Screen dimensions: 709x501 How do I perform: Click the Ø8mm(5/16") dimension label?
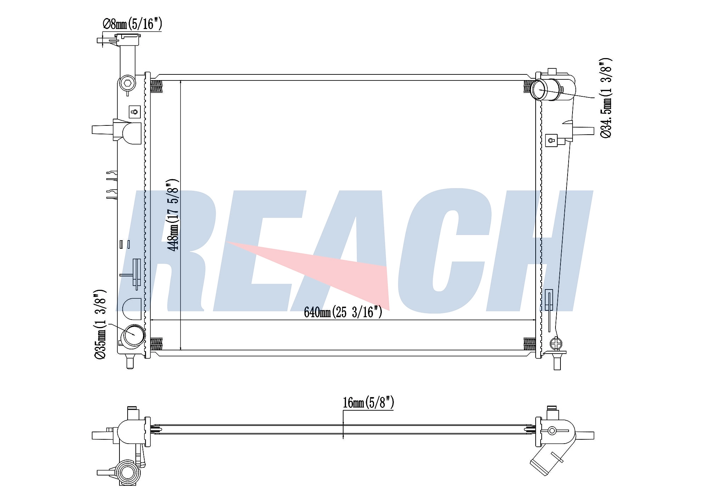tap(132, 24)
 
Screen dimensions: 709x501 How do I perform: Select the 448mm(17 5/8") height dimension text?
tap(173, 215)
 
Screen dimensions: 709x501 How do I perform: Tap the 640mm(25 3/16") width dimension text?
tap(343, 312)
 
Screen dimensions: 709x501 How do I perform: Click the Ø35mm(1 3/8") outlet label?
tap(100, 325)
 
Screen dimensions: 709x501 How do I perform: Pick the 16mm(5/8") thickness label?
tap(368, 403)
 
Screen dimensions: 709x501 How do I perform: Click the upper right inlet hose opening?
tap(539, 90)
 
